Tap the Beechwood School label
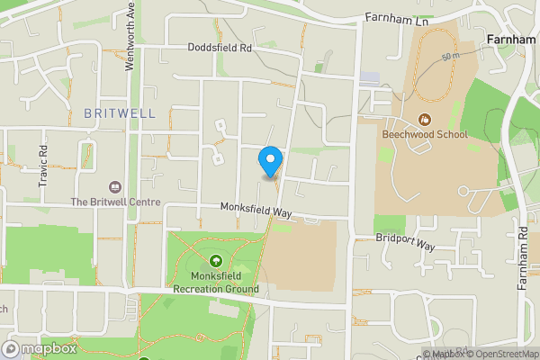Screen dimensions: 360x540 click(x=425, y=135)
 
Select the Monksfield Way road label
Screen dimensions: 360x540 click(x=257, y=210)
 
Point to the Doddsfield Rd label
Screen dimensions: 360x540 click(x=220, y=48)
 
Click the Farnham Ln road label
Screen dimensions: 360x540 click(x=393, y=18)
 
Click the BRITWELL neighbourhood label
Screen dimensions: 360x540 click(x=120, y=113)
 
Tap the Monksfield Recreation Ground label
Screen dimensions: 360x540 click(x=216, y=283)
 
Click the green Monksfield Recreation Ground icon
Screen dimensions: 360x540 click(x=216, y=261)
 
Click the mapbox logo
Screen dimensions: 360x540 click(x=40, y=348)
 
